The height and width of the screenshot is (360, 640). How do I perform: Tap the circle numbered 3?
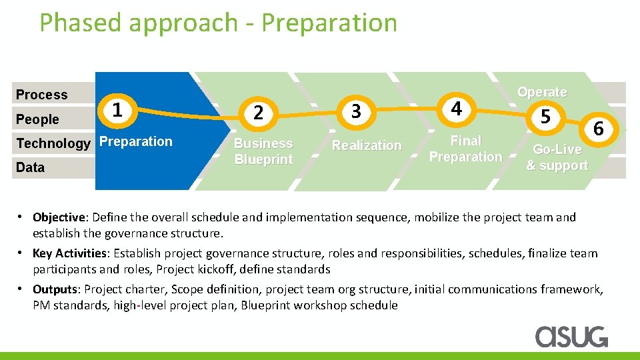tap(356, 111)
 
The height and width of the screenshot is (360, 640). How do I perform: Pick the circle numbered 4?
tap(456, 107)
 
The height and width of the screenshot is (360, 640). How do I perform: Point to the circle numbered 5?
tap(545, 117)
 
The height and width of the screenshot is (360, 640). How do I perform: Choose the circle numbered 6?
tap(598, 129)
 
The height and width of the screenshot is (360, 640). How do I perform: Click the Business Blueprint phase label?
tap(263, 151)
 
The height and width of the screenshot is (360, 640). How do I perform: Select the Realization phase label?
tap(367, 145)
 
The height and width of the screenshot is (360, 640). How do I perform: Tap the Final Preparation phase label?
tap(465, 149)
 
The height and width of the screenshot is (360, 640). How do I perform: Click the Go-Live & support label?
tap(557, 157)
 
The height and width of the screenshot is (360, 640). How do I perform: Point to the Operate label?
tap(542, 92)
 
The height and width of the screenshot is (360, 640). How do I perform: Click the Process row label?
tap(42, 95)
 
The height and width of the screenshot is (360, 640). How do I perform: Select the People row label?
tap(38, 119)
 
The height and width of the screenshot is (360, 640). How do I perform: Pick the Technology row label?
tap(53, 143)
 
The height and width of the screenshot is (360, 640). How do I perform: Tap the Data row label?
tap(31, 167)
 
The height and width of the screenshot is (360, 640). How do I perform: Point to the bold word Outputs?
tap(55, 289)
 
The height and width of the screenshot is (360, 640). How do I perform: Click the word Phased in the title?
tap(81, 23)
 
